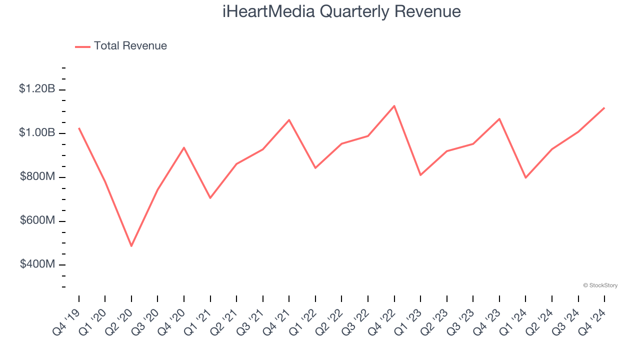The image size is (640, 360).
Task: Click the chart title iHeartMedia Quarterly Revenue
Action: click(341, 11)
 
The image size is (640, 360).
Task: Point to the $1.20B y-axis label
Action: click(37, 89)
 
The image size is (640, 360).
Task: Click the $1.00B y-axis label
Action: click(37, 133)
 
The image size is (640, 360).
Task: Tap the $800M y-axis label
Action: click(37, 177)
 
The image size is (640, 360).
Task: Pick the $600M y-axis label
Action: click(37, 220)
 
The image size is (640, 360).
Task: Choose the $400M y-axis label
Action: click(37, 264)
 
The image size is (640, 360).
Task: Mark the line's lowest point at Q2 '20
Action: click(131, 246)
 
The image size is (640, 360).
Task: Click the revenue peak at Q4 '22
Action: click(394, 106)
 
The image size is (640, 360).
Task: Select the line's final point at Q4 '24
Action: click(604, 108)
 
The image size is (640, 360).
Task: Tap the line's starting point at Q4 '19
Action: click(79, 128)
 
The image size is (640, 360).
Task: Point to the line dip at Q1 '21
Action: click(210, 198)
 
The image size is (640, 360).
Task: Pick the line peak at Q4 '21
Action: click(289, 120)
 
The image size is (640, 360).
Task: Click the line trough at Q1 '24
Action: click(525, 177)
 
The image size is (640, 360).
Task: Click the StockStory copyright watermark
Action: click(600, 285)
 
